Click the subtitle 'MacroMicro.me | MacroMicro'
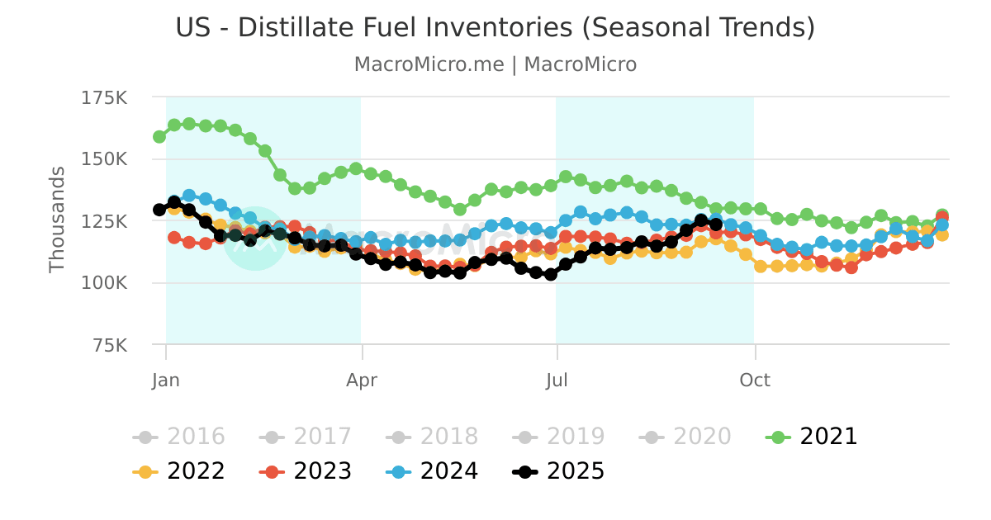495,64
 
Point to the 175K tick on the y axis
104,98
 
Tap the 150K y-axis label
104,159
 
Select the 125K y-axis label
104,221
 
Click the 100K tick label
104,283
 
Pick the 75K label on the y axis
109,345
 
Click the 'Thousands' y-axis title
57,220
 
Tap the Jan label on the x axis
166,381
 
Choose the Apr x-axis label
362,381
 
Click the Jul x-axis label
557,381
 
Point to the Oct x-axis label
755,381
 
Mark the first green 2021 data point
159,136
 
